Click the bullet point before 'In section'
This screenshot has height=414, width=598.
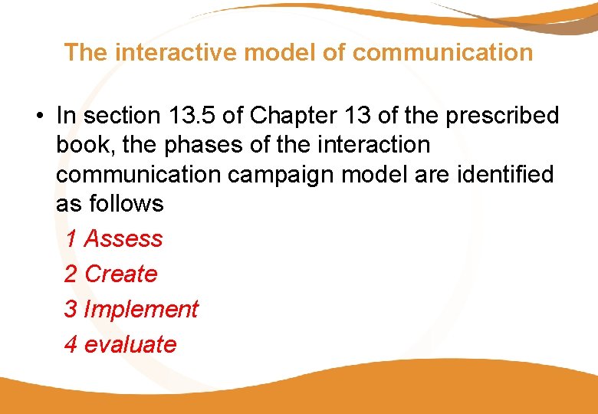pyautogui.click(x=38, y=117)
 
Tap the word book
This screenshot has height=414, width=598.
pyautogui.click(x=84, y=145)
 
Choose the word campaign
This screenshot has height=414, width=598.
pyautogui.click(x=292, y=174)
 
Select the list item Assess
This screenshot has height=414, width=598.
pyautogui.click(x=123, y=238)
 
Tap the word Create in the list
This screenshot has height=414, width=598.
pyautogui.click(x=121, y=274)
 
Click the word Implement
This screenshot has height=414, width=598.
pyautogui.click(x=141, y=309)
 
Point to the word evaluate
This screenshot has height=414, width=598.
pyautogui.click(x=130, y=344)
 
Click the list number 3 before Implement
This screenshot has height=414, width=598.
pyautogui.click(x=71, y=309)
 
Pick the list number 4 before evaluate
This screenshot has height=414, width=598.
pyautogui.click(x=71, y=344)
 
